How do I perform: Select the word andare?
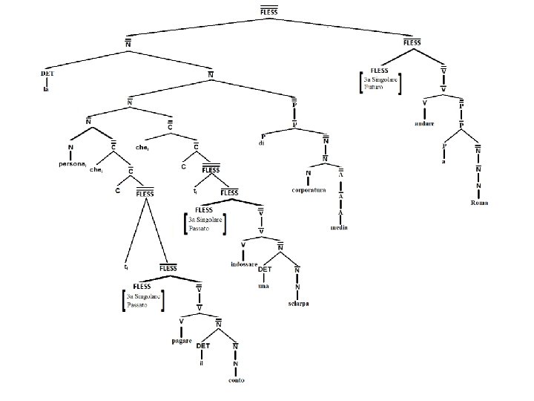click(424, 123)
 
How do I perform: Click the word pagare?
click(181, 342)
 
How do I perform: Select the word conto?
click(237, 381)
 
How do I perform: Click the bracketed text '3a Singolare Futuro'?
click(380, 82)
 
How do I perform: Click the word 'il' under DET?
click(201, 364)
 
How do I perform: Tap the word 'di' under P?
click(261, 143)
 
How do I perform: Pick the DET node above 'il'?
click(202, 347)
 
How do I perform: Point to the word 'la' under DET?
click(46, 89)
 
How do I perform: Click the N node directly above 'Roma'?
click(478, 185)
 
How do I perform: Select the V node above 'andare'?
click(424, 101)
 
